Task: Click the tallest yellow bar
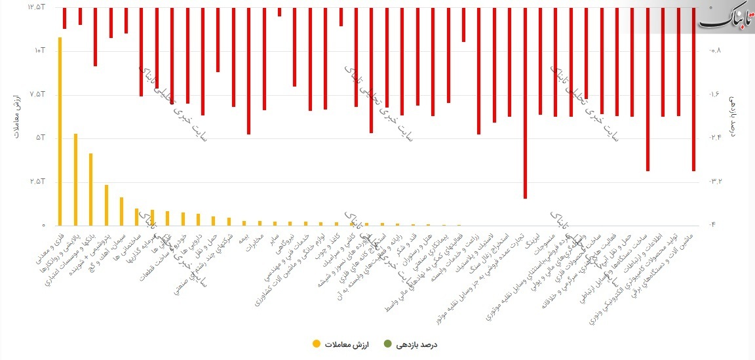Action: click(60, 131)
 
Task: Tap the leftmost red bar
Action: click(64, 18)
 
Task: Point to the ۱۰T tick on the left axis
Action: click(39, 50)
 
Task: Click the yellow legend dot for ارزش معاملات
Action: click(317, 344)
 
